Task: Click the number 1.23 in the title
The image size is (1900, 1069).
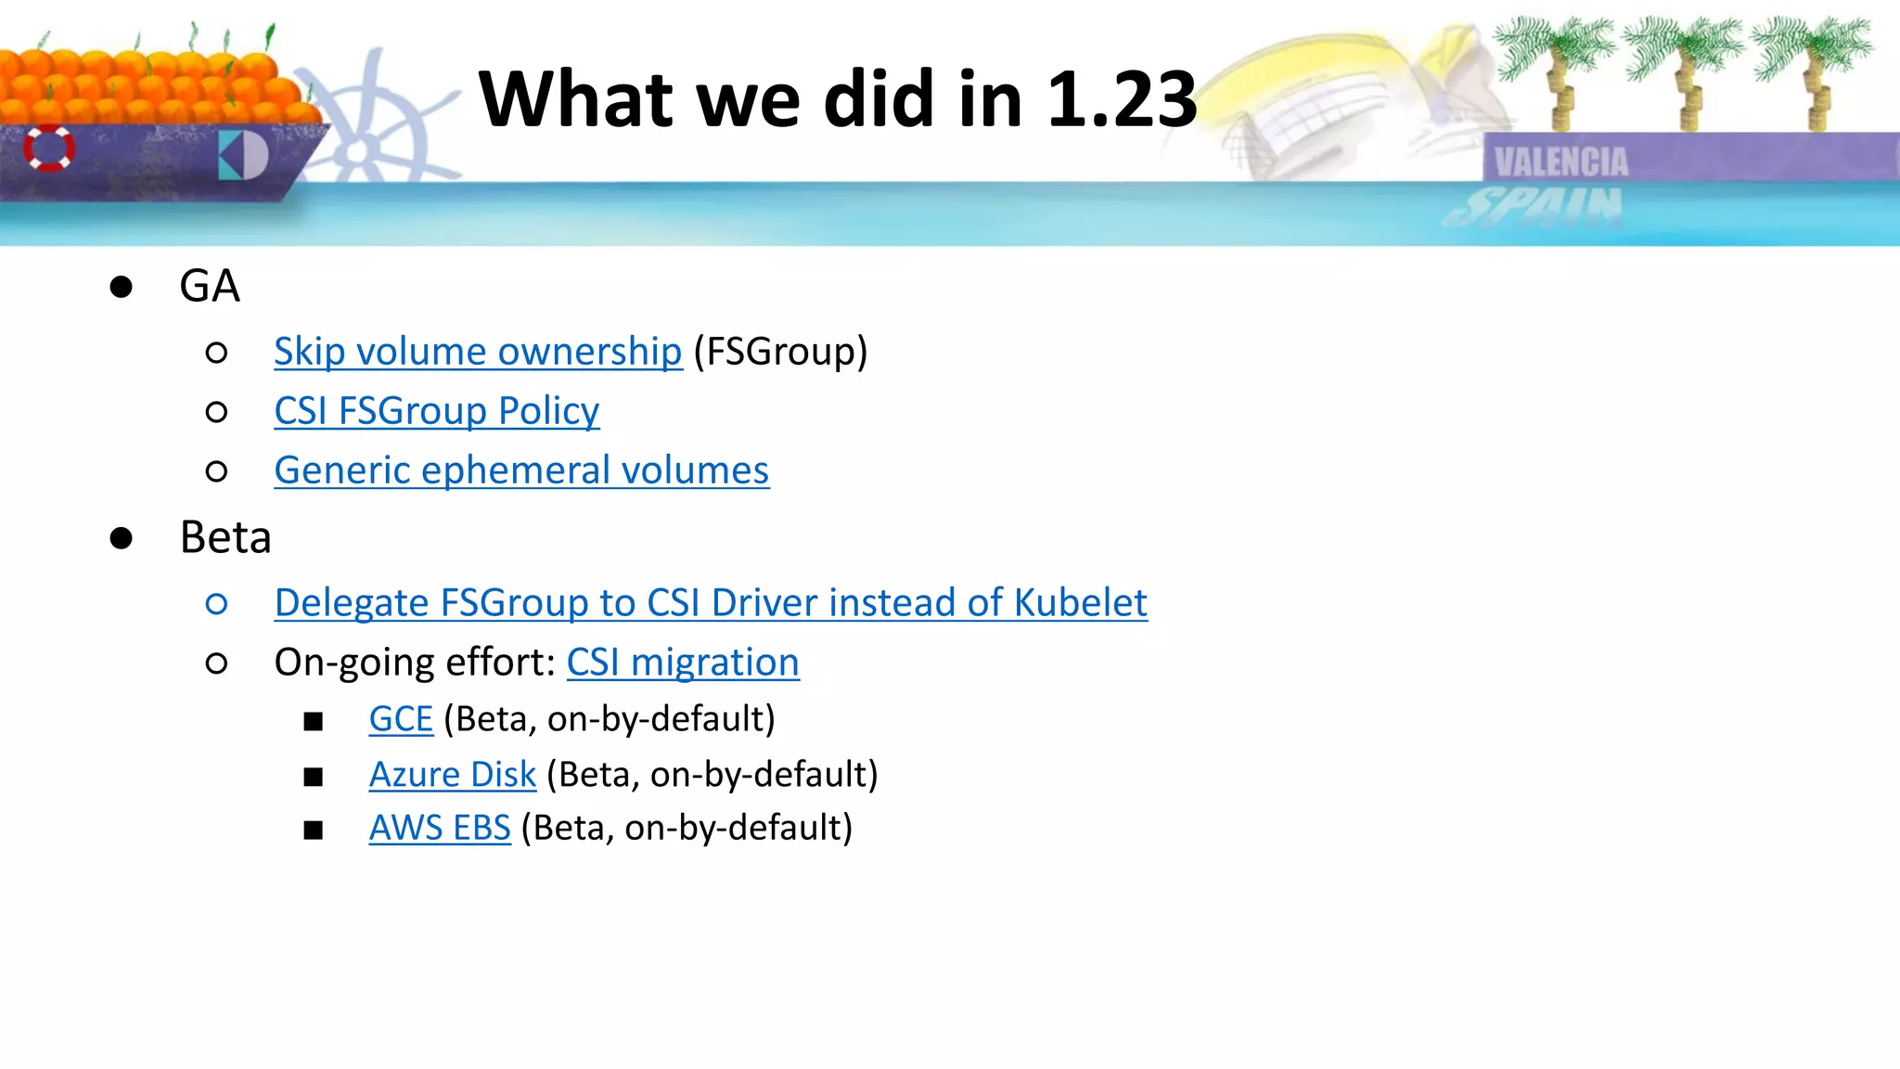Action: [x=1122, y=99]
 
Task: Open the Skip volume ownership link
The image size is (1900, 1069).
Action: [x=478, y=352]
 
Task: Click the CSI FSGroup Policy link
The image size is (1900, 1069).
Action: [x=437, y=411]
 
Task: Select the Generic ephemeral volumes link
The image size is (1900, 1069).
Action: [x=521, y=470]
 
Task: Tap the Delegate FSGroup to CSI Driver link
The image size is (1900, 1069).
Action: [x=711, y=603]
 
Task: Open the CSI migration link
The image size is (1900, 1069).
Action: [x=683, y=663]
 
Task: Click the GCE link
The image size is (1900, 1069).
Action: [x=401, y=719]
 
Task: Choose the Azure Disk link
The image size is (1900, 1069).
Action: [x=453, y=775]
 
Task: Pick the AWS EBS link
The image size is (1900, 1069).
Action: [x=440, y=828]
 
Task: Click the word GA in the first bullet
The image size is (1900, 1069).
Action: [x=210, y=286]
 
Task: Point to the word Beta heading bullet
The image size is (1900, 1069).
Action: [x=225, y=537]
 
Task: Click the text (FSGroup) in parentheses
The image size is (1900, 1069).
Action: [x=780, y=352]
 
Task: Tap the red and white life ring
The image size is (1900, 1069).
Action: [x=49, y=148]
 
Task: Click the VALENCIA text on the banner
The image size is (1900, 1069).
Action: [x=1561, y=162]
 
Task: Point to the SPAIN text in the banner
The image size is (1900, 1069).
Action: [x=1535, y=206]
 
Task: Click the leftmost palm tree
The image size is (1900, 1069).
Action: [x=1556, y=70]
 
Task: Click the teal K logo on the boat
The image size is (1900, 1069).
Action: [x=242, y=156]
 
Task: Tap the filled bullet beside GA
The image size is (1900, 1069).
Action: [x=121, y=287]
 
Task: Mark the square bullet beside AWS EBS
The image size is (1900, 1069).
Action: [x=314, y=830]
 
